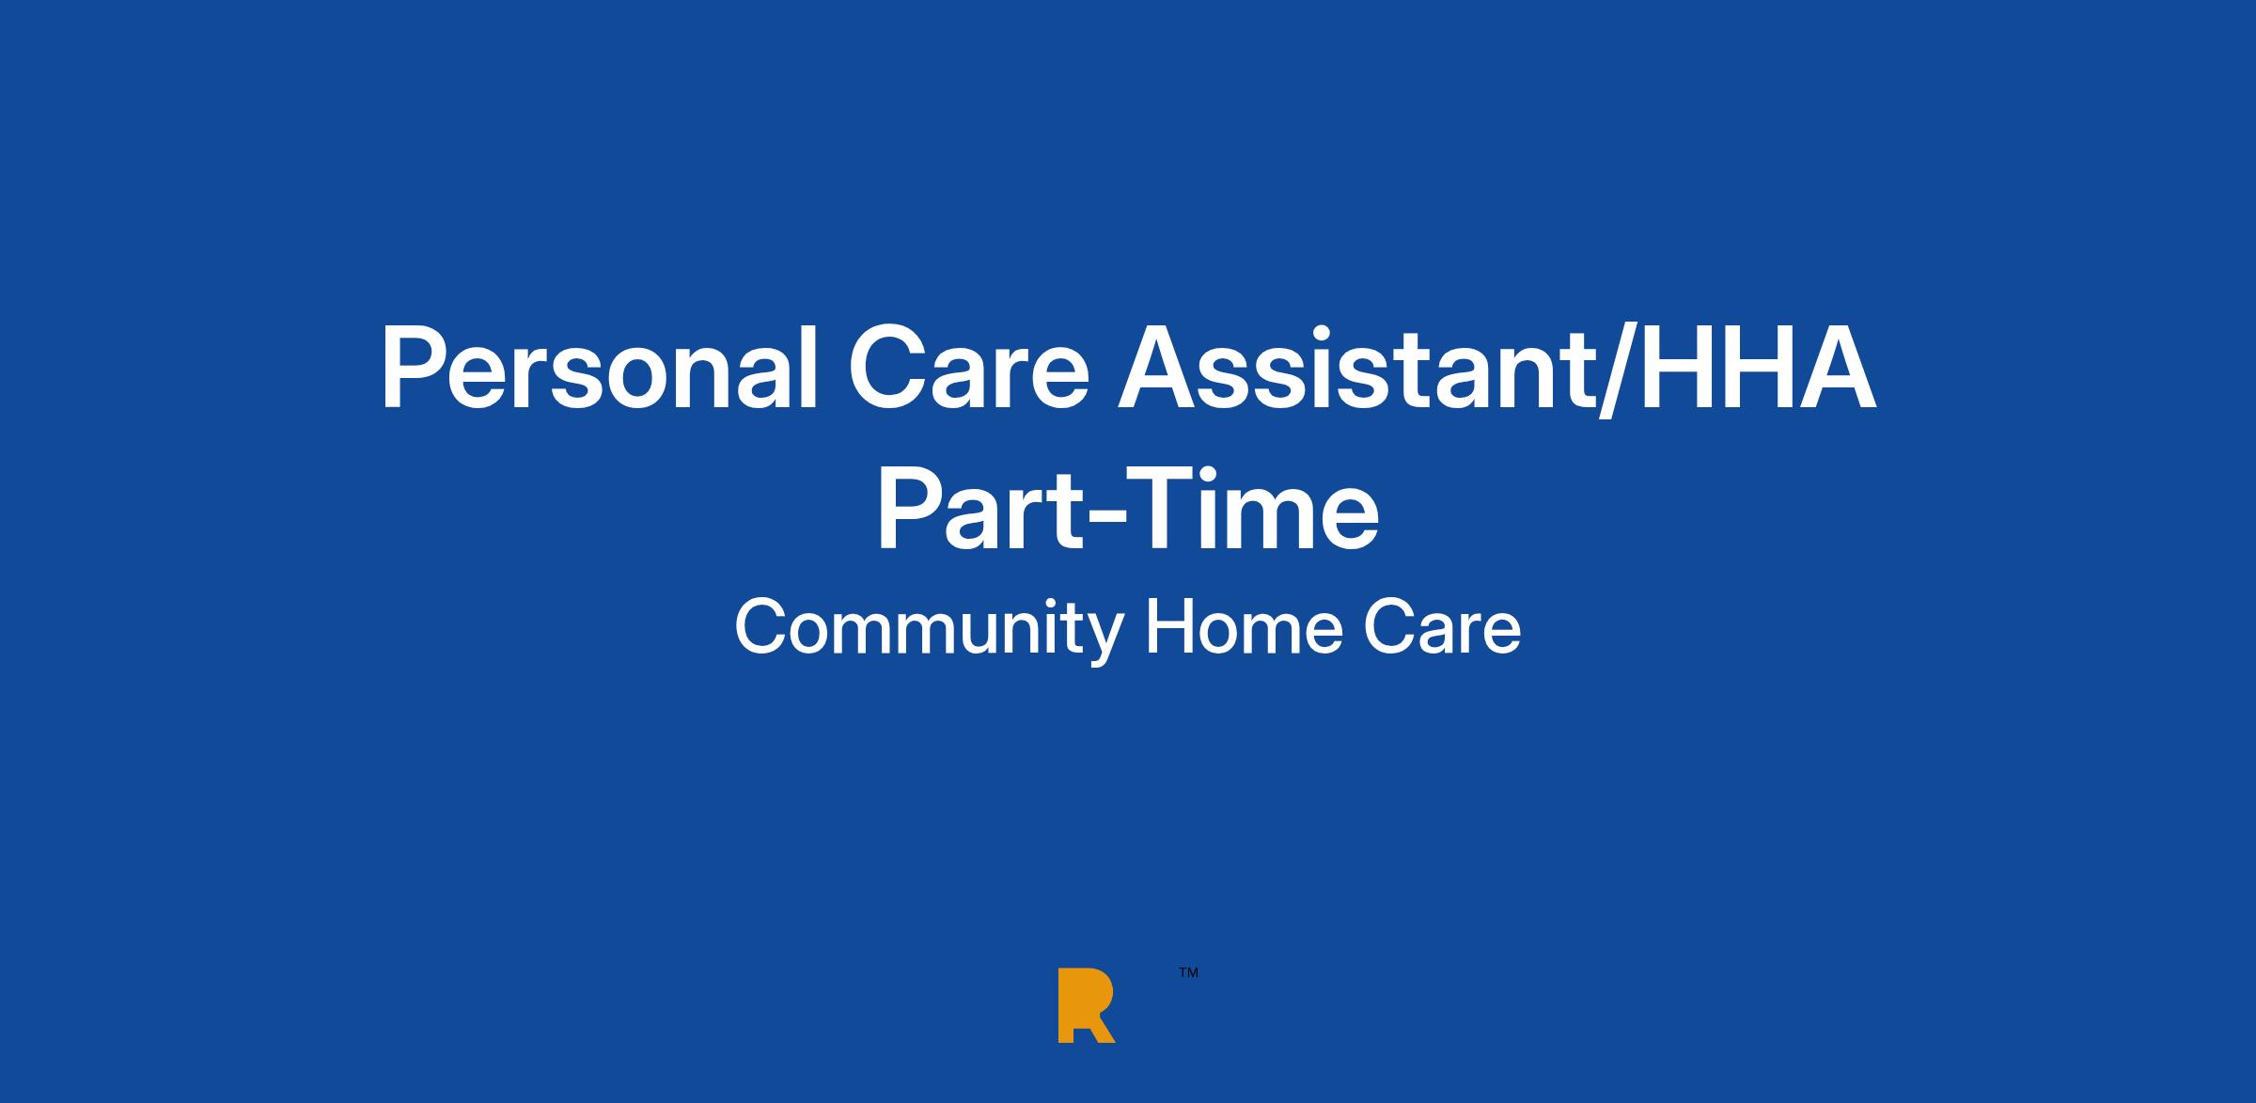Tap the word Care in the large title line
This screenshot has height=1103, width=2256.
pos(968,369)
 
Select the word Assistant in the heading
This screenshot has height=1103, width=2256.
pos(1353,369)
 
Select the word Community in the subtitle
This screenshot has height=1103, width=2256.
pos(929,630)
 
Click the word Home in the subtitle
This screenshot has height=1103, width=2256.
pos(1242,628)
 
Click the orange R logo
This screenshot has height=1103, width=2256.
pos(1086,1004)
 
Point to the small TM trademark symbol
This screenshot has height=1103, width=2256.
pos(1188,973)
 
